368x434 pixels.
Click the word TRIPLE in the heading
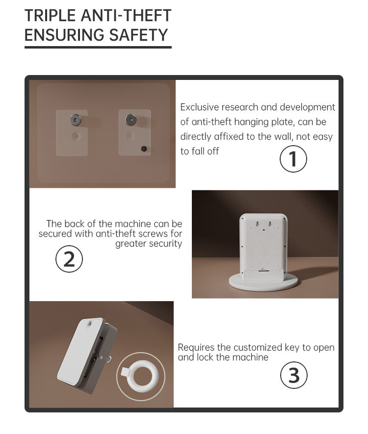click(50, 16)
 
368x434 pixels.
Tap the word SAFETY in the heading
click(138, 35)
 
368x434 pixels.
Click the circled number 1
click(293, 159)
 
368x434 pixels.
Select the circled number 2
click(69, 259)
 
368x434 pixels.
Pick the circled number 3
click(294, 375)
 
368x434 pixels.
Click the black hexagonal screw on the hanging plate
click(144, 149)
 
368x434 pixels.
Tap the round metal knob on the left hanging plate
click(75, 120)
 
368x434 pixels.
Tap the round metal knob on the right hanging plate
click(131, 120)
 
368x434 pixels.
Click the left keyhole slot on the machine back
click(258, 224)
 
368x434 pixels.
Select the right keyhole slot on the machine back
click(270, 224)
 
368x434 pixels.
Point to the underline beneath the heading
click(98, 48)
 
